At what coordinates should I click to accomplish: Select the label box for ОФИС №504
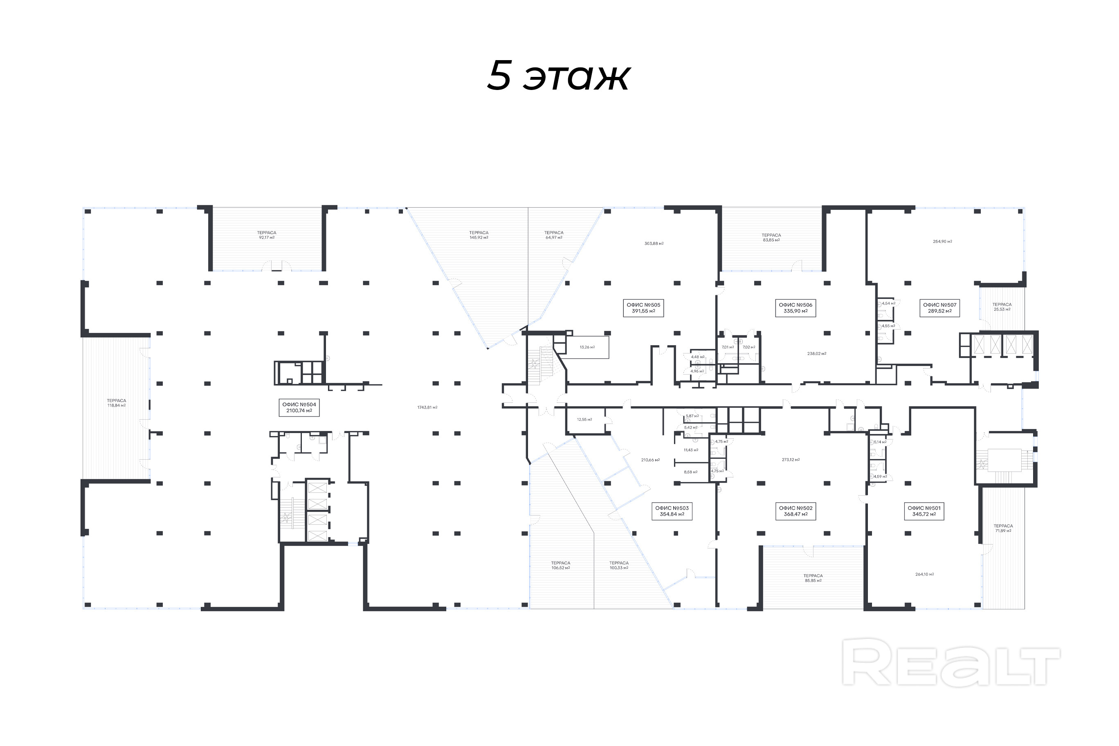click(299, 408)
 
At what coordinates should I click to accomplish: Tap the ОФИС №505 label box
click(643, 308)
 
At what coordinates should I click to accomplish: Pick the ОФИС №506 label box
click(795, 308)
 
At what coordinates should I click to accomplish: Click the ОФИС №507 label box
click(939, 308)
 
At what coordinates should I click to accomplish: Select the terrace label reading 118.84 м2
click(117, 403)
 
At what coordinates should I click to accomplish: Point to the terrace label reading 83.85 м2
click(771, 237)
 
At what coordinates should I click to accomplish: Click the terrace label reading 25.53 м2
click(1002, 307)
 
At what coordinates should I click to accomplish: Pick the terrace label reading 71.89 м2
click(1003, 528)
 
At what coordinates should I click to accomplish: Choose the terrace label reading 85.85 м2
click(813, 578)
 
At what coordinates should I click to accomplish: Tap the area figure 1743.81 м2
click(427, 407)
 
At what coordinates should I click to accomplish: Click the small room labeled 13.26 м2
click(587, 347)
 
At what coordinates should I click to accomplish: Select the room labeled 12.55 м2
click(584, 420)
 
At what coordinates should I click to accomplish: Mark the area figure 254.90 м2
click(942, 242)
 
